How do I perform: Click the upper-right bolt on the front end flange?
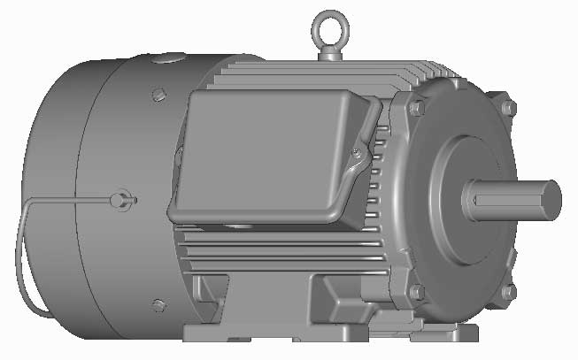click(x=507, y=108)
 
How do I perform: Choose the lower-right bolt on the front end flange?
click(x=508, y=291)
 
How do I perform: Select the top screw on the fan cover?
click(x=158, y=94)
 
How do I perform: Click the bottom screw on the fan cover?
click(x=158, y=305)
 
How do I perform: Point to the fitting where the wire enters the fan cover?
click(x=121, y=199)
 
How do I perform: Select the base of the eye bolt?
click(x=328, y=55)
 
